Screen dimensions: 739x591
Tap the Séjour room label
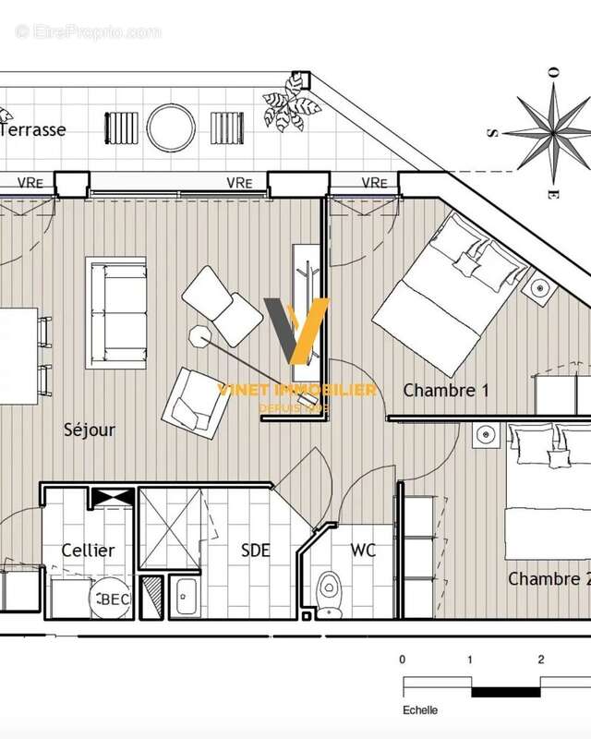90,430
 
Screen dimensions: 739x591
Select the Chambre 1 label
446,391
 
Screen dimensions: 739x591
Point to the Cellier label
88,551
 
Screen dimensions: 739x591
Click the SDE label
255,551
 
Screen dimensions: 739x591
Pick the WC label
363,551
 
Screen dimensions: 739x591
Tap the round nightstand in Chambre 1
539,289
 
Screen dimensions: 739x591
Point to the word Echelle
419,710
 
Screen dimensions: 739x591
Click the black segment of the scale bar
505,690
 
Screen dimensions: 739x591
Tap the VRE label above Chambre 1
374,182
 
